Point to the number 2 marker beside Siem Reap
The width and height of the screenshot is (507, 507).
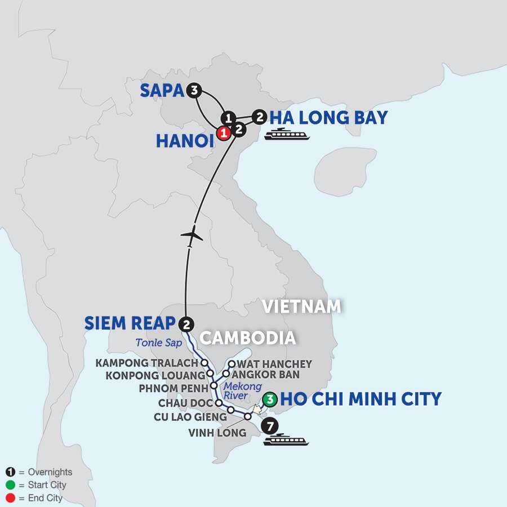click(x=187, y=323)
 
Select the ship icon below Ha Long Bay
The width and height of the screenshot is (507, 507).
click(x=289, y=134)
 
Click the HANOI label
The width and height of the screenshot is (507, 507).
click(x=184, y=141)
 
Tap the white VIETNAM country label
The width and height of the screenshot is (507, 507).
click(x=303, y=306)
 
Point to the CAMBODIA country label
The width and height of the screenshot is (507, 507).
click(x=248, y=337)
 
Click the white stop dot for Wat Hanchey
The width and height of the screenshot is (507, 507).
click(x=231, y=363)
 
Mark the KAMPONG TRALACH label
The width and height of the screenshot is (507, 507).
click(x=148, y=363)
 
